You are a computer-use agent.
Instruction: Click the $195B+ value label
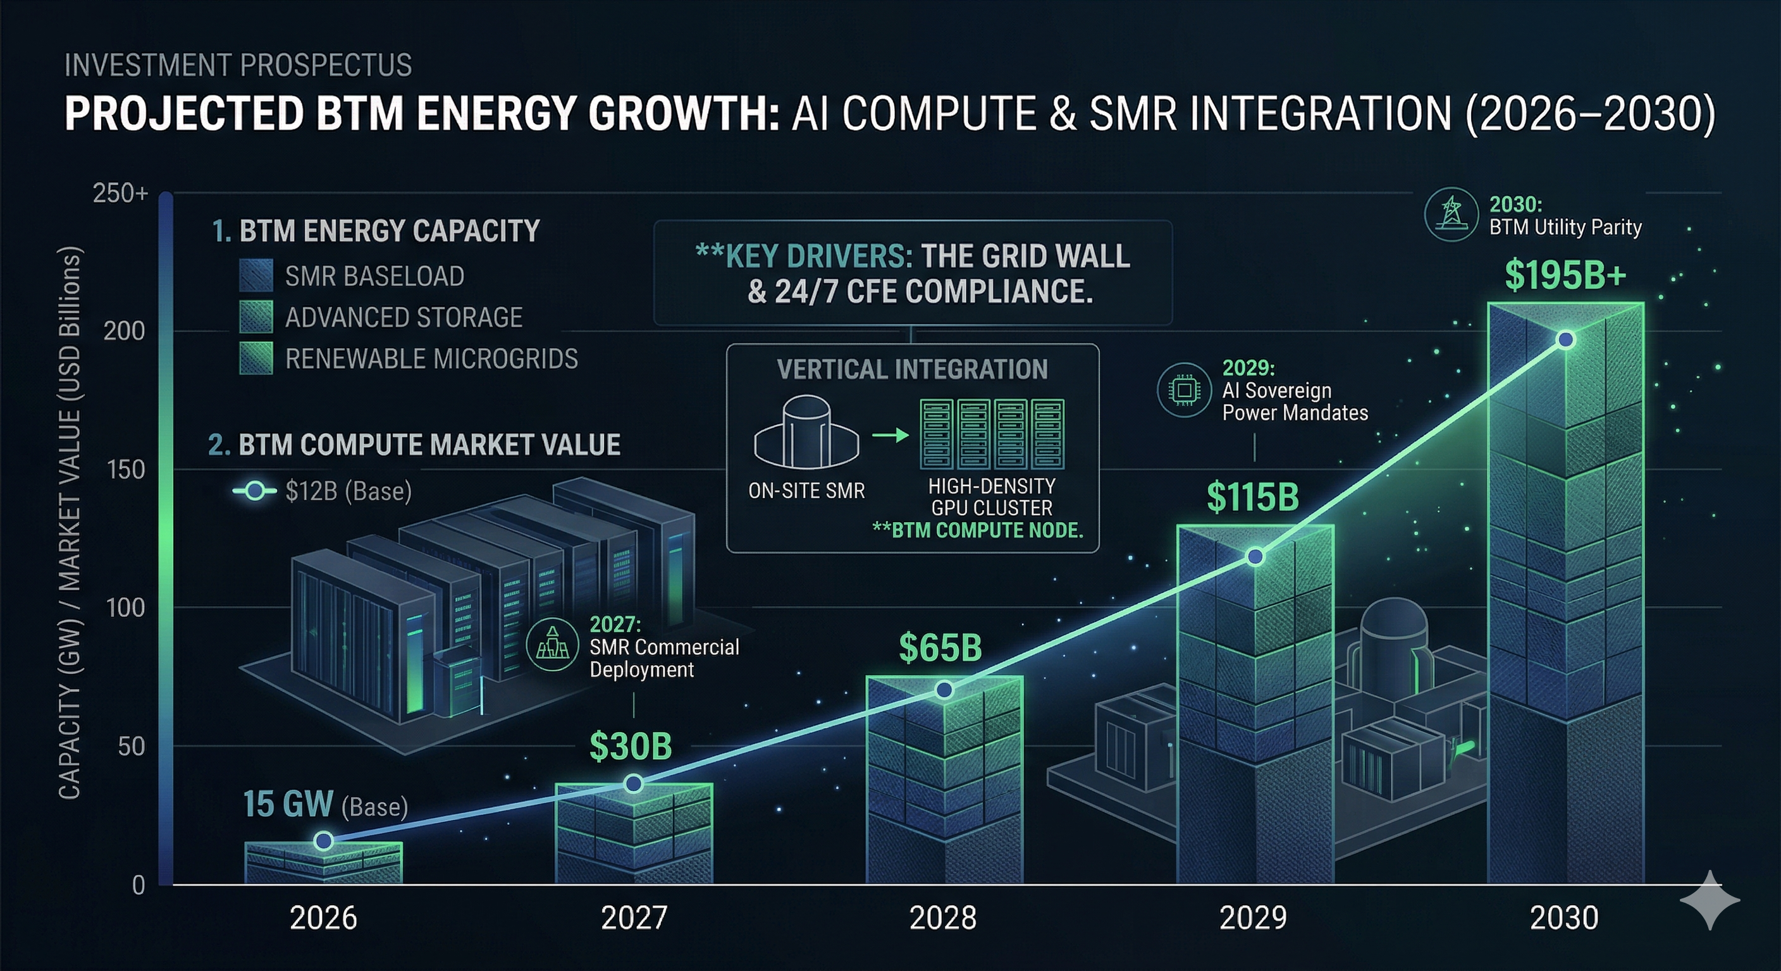click(x=1565, y=276)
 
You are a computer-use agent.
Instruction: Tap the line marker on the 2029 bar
click(x=1255, y=557)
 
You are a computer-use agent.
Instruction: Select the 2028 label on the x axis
click(x=943, y=919)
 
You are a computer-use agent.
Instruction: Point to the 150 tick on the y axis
click(x=126, y=470)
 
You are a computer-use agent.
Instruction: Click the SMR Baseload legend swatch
click(x=256, y=276)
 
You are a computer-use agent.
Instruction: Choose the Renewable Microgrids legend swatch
click(x=256, y=358)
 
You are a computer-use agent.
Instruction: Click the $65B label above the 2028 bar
click(x=940, y=648)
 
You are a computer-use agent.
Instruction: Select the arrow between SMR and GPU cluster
click(x=890, y=436)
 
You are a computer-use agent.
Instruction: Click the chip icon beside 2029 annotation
click(x=1184, y=391)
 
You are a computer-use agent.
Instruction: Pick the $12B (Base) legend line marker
click(x=254, y=491)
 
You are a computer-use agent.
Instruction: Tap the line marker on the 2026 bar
click(x=324, y=841)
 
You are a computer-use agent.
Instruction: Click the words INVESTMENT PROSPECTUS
click(x=238, y=66)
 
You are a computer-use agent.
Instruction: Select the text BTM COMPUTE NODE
click(x=978, y=531)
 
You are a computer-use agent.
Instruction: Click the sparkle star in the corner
click(x=1709, y=900)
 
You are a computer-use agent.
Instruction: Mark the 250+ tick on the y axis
click(x=121, y=193)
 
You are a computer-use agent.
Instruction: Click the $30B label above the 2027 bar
click(x=631, y=747)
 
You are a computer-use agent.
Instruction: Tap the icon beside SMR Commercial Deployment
click(x=552, y=644)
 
